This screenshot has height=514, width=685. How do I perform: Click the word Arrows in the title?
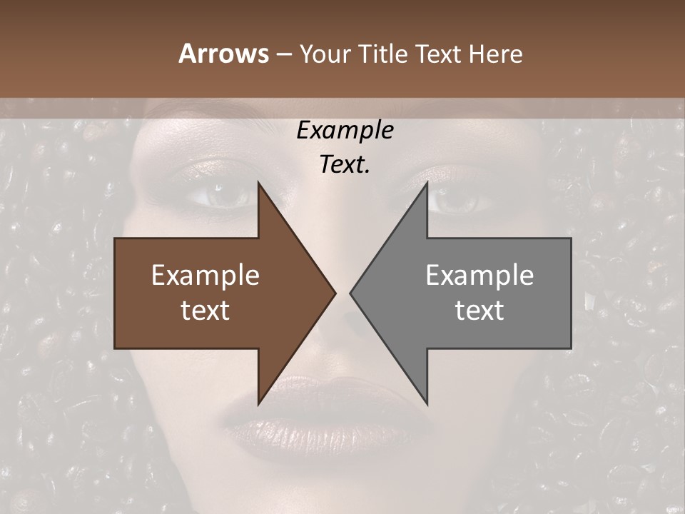(x=223, y=54)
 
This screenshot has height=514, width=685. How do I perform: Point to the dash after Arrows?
(x=283, y=54)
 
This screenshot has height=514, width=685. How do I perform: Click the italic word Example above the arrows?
(x=345, y=131)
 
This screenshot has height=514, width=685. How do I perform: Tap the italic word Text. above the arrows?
(x=345, y=165)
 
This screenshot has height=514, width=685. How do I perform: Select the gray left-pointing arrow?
(x=471, y=293)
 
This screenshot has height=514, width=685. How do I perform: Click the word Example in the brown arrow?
(x=205, y=276)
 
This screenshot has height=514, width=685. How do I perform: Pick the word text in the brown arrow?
(x=205, y=311)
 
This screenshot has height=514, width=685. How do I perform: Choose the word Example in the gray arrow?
(x=479, y=276)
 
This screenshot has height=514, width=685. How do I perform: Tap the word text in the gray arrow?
(x=479, y=311)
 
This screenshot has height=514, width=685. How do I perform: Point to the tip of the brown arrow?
(x=334, y=293)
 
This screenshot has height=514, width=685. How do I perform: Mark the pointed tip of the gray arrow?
(x=351, y=293)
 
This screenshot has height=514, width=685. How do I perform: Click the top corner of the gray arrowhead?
(x=427, y=184)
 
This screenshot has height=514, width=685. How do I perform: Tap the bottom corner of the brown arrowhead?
(x=258, y=403)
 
